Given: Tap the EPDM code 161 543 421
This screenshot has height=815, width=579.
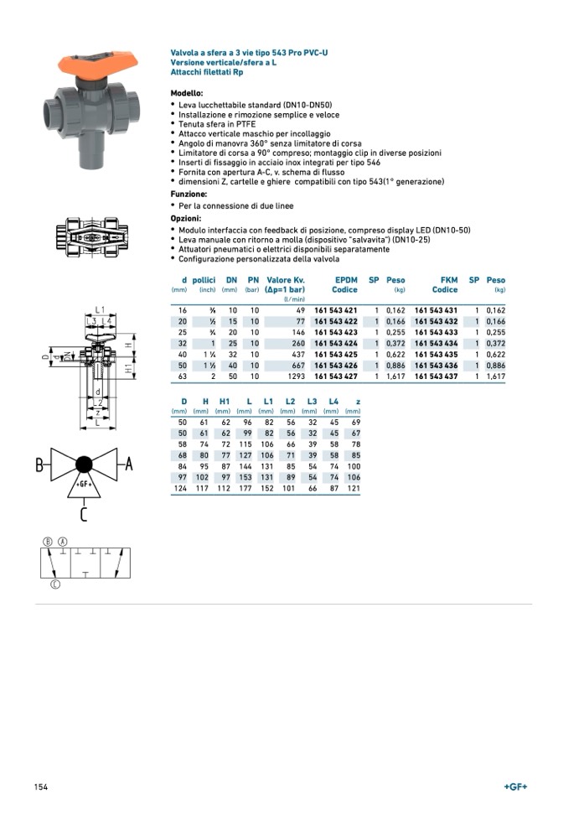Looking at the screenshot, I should coord(335,310).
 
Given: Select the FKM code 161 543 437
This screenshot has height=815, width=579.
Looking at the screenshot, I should coord(436,376).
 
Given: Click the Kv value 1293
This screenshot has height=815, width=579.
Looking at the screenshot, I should coord(294,376).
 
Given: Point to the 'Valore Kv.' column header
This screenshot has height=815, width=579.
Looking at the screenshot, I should coord(285,280).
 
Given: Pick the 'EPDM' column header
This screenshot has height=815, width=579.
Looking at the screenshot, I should coord(345,280).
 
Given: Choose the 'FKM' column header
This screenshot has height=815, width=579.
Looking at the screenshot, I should coord(448,280).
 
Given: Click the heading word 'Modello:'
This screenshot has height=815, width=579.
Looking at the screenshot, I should coord(187,93).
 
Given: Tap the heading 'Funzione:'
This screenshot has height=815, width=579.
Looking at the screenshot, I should coord(189,194).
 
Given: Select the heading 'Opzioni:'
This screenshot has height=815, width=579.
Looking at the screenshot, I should coord(186,218).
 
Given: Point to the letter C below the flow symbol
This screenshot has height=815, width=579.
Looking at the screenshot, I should coord(83,514).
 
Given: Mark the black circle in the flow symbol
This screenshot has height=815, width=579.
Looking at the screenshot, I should coord(84,465).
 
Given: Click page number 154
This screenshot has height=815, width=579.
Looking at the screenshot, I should coord(41,786).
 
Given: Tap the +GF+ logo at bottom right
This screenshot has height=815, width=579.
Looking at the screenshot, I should coord(516,786).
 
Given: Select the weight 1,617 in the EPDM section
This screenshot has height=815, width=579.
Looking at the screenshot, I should coord(395,376).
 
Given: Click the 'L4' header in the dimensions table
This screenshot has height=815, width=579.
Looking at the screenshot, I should coord(333,402).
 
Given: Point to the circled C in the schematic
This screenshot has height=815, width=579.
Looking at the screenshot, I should coord(54,584).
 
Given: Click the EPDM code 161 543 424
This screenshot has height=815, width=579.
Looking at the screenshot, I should coord(335,343).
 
